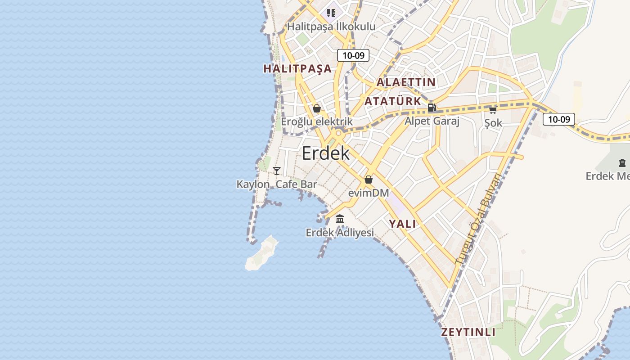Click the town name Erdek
point(325,153)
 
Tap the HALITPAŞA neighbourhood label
point(297,69)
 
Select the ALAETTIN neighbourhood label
point(406,82)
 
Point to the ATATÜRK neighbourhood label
point(392,101)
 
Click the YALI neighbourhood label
point(402,224)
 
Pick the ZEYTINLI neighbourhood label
point(468,333)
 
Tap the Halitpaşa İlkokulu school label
point(331,27)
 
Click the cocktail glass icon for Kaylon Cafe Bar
point(277,171)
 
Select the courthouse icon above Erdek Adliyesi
point(340,219)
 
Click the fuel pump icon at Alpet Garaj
point(432,108)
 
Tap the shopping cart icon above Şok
point(493,110)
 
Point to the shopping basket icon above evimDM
point(369,180)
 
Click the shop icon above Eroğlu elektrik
point(317,108)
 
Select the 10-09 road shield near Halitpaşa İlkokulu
point(353,55)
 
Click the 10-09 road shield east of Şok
point(558,119)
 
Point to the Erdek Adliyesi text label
point(340,233)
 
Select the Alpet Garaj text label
point(432,121)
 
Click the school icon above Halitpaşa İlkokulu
point(331,13)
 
